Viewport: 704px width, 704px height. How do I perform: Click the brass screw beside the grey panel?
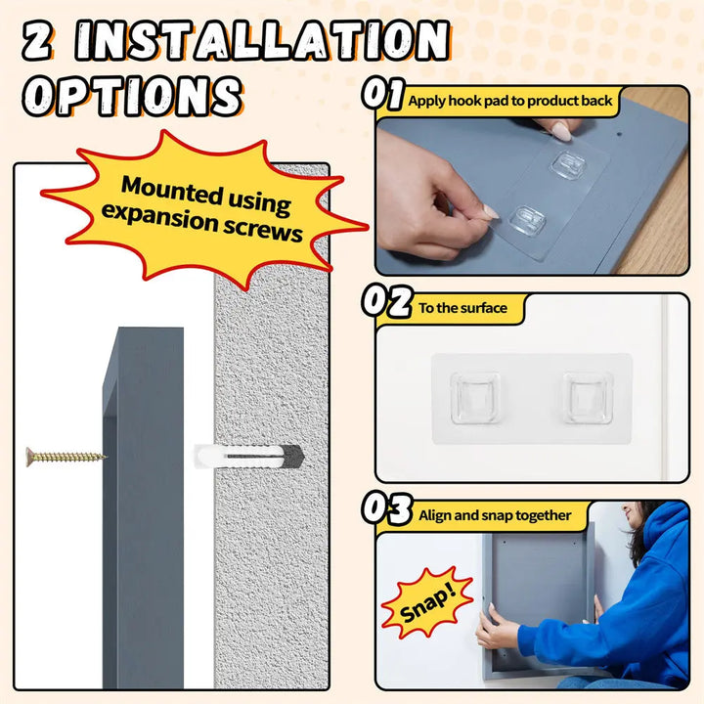(x=66, y=457)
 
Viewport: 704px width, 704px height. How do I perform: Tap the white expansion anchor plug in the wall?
(x=249, y=457)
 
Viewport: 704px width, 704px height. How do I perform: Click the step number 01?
(x=383, y=94)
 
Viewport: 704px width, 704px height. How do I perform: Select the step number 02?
(x=387, y=301)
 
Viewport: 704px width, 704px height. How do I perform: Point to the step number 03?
(x=387, y=508)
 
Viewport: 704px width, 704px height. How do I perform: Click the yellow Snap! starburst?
(x=427, y=602)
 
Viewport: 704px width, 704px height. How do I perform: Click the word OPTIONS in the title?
(x=132, y=97)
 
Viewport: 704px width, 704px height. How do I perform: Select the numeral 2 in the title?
(x=38, y=40)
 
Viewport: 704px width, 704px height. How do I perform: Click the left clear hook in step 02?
(x=475, y=397)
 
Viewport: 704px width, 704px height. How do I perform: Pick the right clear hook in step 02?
(x=589, y=397)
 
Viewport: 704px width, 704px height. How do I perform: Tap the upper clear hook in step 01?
(x=568, y=165)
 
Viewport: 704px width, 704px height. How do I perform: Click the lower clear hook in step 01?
(x=527, y=220)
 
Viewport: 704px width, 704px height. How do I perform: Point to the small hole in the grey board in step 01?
(x=620, y=134)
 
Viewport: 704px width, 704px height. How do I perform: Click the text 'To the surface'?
(x=462, y=308)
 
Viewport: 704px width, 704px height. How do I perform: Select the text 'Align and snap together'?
(x=495, y=515)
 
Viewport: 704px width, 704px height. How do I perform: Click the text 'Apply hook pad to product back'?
(x=510, y=101)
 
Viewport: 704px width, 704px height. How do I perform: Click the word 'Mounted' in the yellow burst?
(x=172, y=191)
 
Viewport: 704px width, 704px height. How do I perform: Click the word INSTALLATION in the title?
(x=262, y=40)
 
